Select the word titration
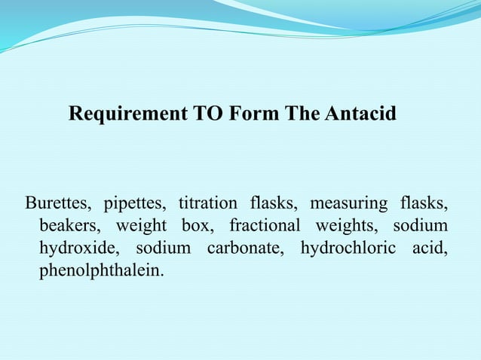tap(207, 203)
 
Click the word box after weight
tap(198, 225)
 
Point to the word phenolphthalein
tap(100, 270)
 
